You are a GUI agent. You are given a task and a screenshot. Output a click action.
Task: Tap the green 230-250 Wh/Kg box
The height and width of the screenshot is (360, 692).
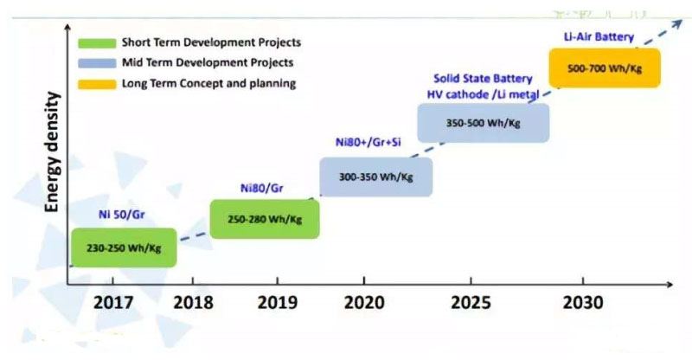point(123,247)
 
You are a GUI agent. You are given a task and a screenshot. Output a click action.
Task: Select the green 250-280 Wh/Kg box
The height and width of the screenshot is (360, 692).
point(265,219)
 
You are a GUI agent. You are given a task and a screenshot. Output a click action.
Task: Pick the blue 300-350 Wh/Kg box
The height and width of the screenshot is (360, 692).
point(375,177)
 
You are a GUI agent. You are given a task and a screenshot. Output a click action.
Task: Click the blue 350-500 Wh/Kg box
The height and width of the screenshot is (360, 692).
point(484,123)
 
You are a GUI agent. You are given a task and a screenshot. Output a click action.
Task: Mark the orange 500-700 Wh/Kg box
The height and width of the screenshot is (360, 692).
point(605,67)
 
